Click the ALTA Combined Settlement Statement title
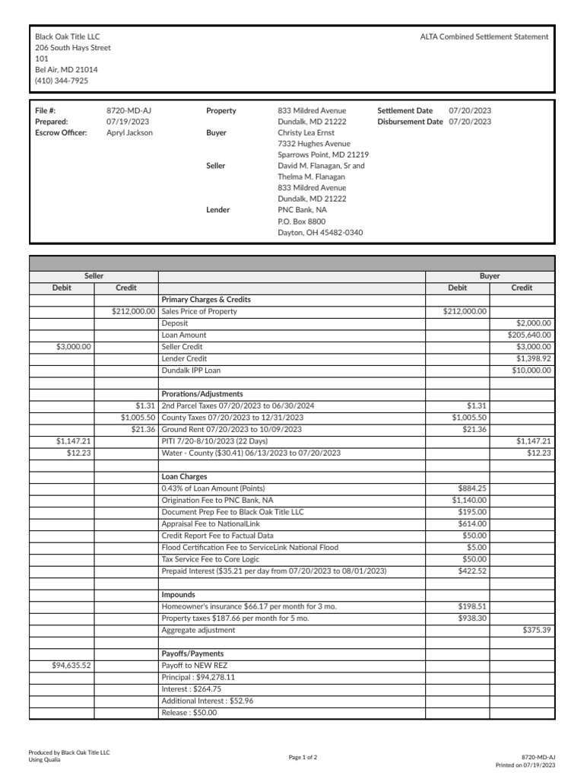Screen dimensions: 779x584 point(484,37)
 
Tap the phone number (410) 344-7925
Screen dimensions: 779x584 point(61,80)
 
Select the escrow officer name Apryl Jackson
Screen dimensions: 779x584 point(129,132)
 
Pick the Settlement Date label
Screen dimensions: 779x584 point(405,110)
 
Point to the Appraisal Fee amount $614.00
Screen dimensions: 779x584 point(472,524)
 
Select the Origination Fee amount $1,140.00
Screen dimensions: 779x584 point(469,501)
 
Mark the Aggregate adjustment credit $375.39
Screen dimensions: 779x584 point(537,631)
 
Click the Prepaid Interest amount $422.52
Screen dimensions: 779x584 point(472,571)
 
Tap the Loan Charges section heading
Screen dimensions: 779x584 point(184,477)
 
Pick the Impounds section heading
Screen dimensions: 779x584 point(178,595)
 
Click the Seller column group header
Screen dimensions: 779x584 point(94,276)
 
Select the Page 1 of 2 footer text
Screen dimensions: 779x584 point(303,758)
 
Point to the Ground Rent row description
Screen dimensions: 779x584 point(231,430)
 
